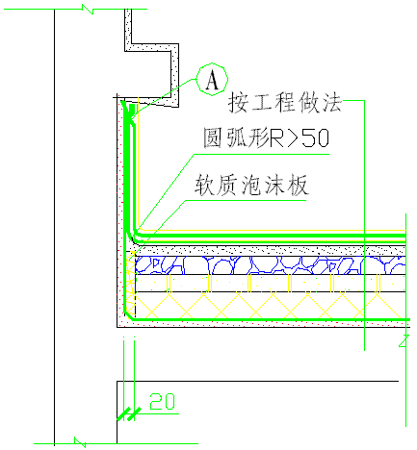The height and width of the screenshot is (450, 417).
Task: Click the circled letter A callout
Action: [212, 79]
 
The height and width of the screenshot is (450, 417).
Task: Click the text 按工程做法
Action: [285, 103]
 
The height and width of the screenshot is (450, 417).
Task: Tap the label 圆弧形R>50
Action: [267, 137]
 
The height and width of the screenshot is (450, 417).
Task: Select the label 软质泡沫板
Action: [251, 186]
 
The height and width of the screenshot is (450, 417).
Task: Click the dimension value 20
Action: [163, 402]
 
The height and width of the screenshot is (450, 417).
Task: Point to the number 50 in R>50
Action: [316, 137]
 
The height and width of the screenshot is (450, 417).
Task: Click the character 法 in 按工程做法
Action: [332, 103]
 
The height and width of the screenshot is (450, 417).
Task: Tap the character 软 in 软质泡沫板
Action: [204, 186]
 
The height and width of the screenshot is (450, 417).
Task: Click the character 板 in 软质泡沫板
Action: [299, 186]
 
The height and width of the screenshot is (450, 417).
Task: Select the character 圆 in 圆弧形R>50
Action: [213, 137]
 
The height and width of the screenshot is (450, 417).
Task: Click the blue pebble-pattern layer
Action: [271, 265]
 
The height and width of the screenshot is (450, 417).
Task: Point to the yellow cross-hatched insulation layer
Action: [271, 306]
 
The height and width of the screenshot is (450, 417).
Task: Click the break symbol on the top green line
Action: [88, 10]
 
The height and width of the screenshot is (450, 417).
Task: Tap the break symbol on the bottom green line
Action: [80, 442]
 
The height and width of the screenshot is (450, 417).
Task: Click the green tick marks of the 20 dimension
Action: [129, 413]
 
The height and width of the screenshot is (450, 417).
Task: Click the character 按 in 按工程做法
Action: [238, 103]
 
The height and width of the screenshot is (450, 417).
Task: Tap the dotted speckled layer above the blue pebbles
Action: [271, 251]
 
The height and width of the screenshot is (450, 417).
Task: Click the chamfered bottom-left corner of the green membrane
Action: [129, 315]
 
